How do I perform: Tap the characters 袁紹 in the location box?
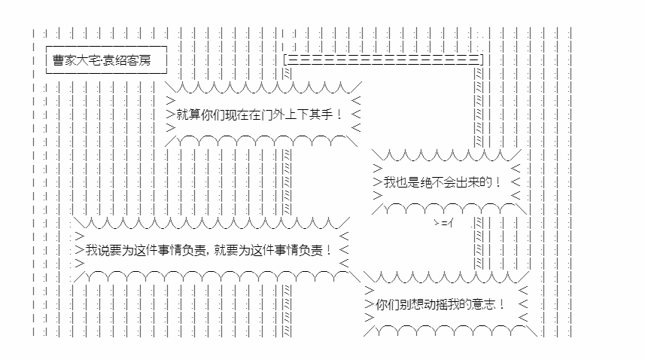tap(114, 59)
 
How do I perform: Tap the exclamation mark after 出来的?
tap(497, 182)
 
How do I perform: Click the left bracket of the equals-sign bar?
tap(286, 59)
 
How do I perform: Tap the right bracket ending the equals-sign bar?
tap(482, 59)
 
